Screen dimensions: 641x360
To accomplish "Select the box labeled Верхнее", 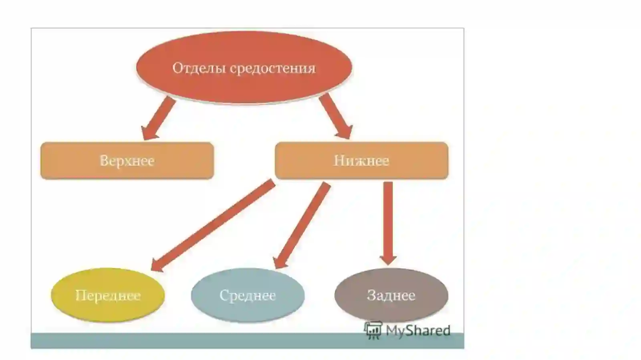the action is point(127,161).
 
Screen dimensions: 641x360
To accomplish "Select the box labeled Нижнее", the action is point(361,161).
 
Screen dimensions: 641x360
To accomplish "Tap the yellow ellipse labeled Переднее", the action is point(108,295).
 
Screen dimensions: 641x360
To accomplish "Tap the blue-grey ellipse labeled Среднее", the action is point(248,295).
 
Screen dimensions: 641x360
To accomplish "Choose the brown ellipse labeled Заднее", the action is point(391,295).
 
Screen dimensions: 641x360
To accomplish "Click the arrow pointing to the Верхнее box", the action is point(158,118).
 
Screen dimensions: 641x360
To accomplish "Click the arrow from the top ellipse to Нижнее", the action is point(336,117).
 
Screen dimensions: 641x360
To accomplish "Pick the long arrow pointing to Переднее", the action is point(213,225).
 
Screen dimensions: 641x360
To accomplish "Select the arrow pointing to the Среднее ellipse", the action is point(302,225).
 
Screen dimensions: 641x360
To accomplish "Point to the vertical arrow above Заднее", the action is point(388,223).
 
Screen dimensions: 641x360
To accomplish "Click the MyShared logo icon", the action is point(373,330).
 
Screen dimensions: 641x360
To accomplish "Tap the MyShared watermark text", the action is point(418,330).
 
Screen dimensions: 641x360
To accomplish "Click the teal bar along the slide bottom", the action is point(248,340).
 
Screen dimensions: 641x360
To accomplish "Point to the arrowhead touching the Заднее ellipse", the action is point(388,259).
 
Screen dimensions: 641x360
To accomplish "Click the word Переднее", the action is point(108,296).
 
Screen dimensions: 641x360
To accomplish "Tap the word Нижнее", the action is point(361,161).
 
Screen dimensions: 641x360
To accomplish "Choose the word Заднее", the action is point(391,296).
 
